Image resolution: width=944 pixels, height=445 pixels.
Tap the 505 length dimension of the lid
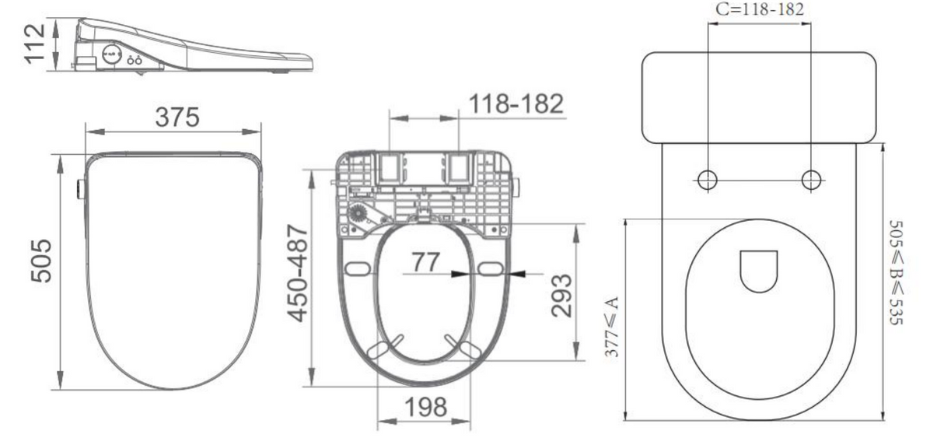click(43, 261)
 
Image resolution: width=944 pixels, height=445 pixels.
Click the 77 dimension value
click(425, 263)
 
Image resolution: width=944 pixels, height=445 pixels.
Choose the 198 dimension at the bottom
click(424, 408)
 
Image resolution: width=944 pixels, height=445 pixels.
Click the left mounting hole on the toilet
click(707, 180)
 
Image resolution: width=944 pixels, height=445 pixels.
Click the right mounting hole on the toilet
click(811, 180)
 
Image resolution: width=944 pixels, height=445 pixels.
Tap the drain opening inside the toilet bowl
click(759, 270)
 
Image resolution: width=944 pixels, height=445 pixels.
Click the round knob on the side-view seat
click(111, 56)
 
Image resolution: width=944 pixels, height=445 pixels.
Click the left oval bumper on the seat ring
click(357, 269)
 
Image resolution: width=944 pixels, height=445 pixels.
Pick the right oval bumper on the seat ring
click(491, 269)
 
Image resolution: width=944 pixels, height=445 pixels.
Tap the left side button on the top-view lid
click(80, 188)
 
